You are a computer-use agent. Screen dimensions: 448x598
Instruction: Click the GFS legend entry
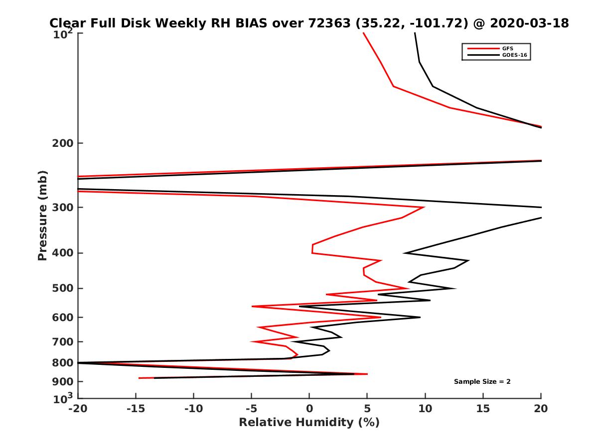tap(508, 48)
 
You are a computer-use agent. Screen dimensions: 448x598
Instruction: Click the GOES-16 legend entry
tap(514, 55)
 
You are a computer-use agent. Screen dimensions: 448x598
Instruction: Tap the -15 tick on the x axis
tap(136, 409)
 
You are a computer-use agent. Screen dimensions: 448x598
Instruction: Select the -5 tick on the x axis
tap(252, 409)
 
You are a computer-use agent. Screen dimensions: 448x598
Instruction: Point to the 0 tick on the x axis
tap(309, 409)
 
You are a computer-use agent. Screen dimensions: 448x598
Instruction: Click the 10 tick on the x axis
tap(425, 409)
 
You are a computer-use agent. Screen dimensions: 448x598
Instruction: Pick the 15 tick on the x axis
tap(483, 409)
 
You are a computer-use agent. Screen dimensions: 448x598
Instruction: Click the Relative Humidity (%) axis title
tap(309, 423)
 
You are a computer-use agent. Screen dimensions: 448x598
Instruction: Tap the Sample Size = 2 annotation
tap(482, 382)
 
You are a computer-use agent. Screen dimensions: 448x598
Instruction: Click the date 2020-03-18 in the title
tap(530, 23)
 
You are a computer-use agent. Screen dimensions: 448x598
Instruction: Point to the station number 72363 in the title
tap(330, 23)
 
